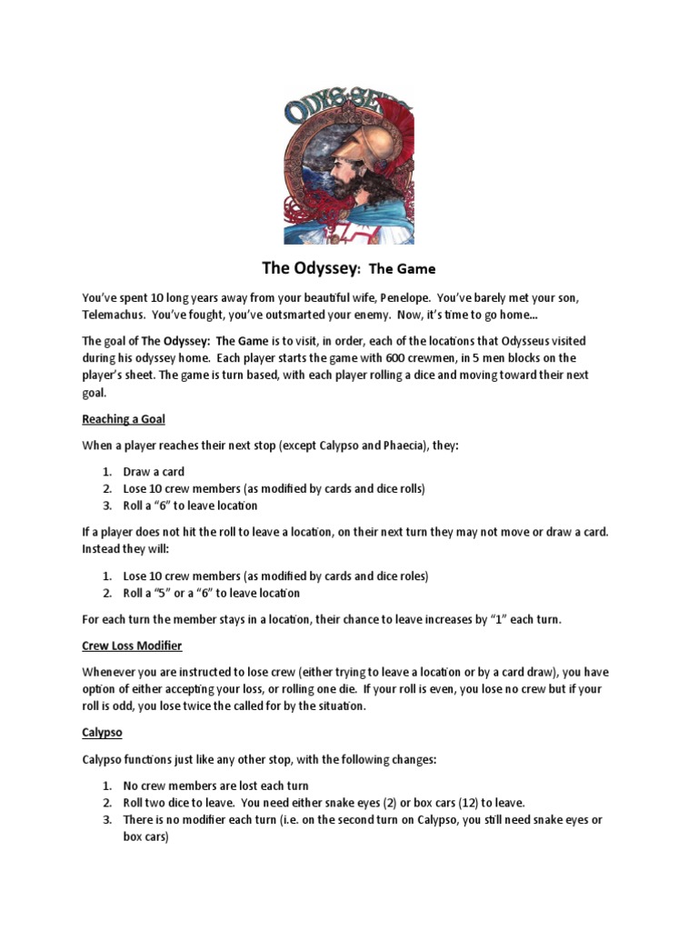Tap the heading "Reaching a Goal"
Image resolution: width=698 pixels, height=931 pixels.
(124, 419)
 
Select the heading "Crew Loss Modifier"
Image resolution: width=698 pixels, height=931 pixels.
(133, 646)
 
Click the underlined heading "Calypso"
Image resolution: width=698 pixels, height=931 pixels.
(102, 732)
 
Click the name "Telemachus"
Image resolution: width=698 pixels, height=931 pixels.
(114, 315)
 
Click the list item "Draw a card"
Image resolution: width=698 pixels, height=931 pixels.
(154, 472)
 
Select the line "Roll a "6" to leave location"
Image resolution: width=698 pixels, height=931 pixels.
(190, 506)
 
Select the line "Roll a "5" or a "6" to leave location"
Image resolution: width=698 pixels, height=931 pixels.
(211, 593)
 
